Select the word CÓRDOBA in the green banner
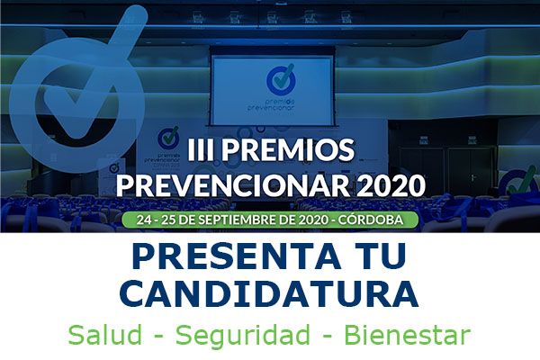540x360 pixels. click(370, 220)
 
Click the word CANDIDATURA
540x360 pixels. click(270, 293)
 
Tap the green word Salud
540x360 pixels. click(105, 335)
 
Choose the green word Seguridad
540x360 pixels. click(243, 336)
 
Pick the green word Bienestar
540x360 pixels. click(407, 335)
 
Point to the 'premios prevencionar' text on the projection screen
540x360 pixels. click(271, 103)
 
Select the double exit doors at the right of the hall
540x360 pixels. click(446, 170)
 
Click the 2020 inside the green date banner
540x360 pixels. click(313, 220)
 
